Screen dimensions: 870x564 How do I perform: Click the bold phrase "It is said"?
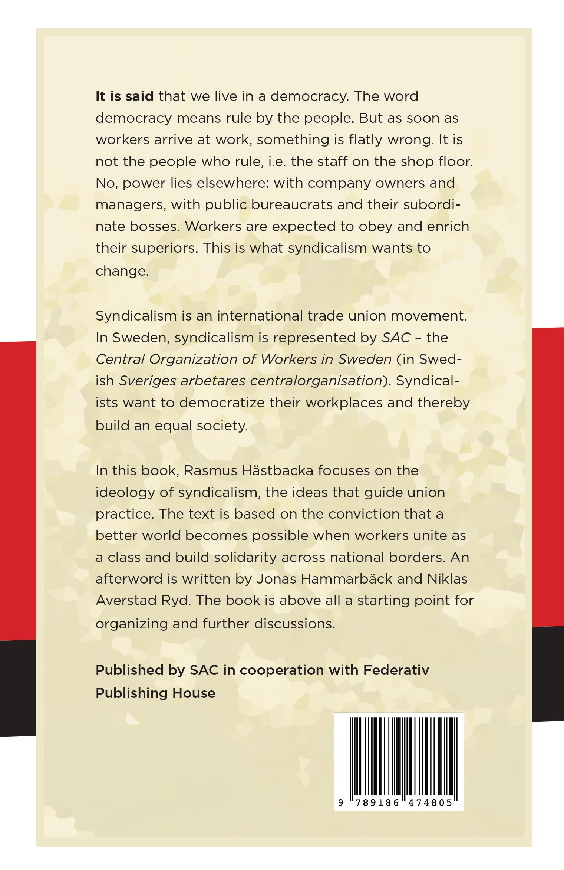click(125, 96)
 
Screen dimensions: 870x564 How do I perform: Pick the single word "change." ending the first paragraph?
click(122, 271)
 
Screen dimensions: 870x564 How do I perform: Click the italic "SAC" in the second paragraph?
click(396, 338)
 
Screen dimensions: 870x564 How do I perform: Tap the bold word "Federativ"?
click(396, 670)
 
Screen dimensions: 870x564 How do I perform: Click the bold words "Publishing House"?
click(155, 693)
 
